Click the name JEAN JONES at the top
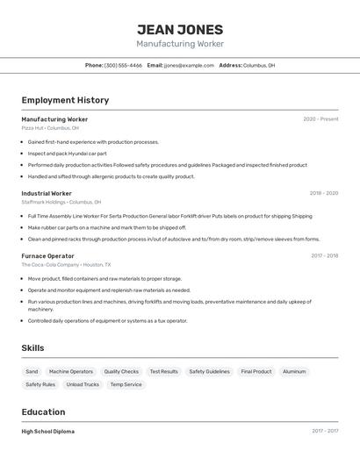(x=180, y=29)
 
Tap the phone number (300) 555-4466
(x=123, y=66)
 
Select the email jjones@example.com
(x=189, y=66)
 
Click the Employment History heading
(x=65, y=101)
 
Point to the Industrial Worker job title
(x=47, y=193)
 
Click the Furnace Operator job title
(x=47, y=256)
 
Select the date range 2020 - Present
(x=320, y=119)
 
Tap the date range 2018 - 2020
(x=323, y=193)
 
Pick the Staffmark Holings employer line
(x=61, y=202)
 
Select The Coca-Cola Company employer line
(x=66, y=264)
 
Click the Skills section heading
(x=32, y=348)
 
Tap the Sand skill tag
(x=32, y=371)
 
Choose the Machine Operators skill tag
(x=71, y=371)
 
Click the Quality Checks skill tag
(x=121, y=371)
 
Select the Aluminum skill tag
(x=294, y=371)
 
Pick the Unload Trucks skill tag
(x=83, y=384)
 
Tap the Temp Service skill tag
(x=126, y=384)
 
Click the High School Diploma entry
(x=47, y=432)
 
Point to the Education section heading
(x=43, y=411)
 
